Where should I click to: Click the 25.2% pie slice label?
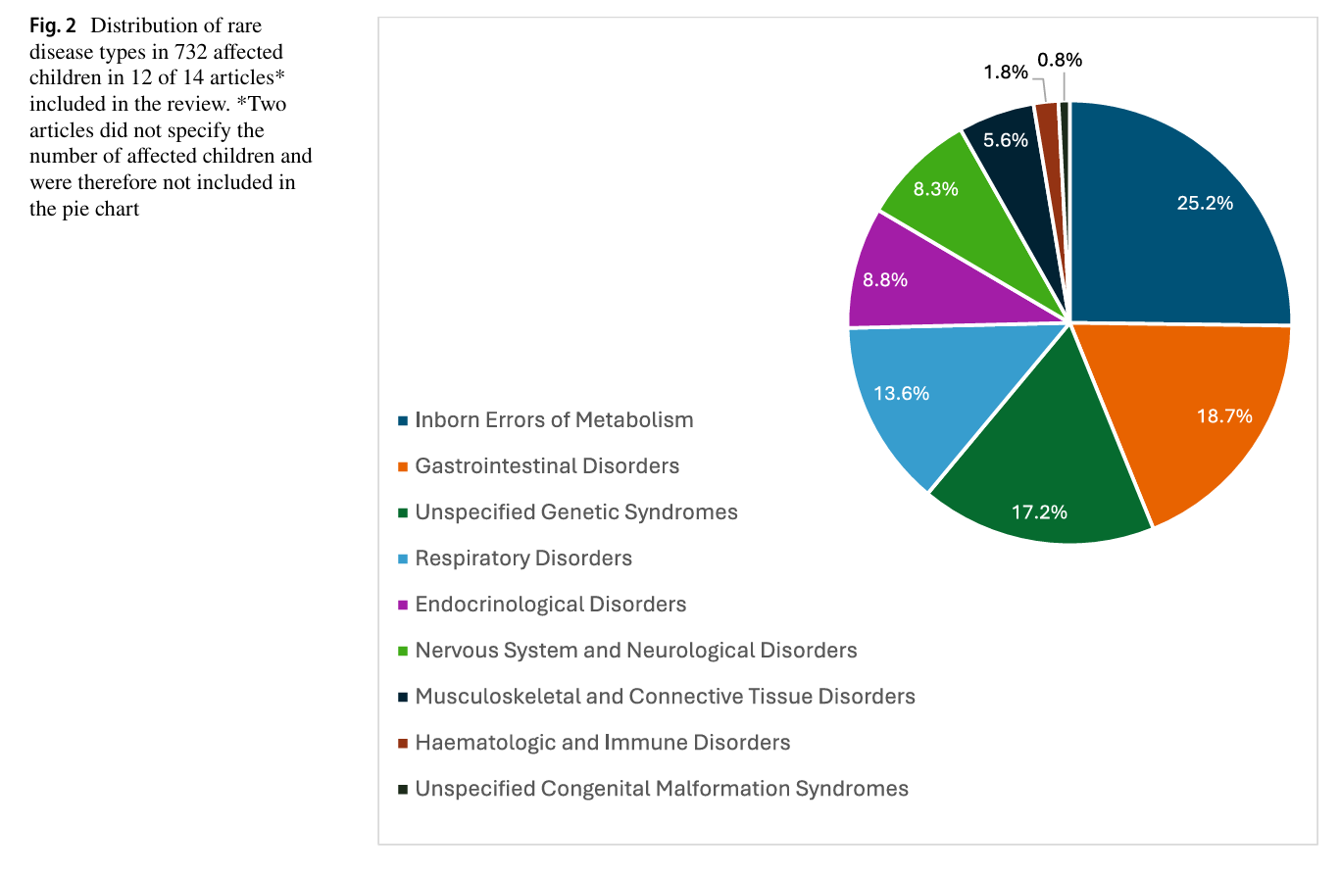coord(1205,204)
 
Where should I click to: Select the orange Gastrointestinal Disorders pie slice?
coord(1190,413)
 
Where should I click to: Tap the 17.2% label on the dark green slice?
coord(1039,512)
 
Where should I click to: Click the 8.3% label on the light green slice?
coord(935,189)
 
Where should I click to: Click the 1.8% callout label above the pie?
coord(1006,73)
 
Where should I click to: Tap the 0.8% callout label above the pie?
coord(1060,60)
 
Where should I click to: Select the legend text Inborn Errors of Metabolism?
coord(554,419)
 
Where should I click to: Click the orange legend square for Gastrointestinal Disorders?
coord(403,466)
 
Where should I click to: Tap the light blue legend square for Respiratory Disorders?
coord(403,559)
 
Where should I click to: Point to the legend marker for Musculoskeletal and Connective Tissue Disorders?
coord(403,697)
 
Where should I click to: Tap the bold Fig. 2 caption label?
coord(53,25)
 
